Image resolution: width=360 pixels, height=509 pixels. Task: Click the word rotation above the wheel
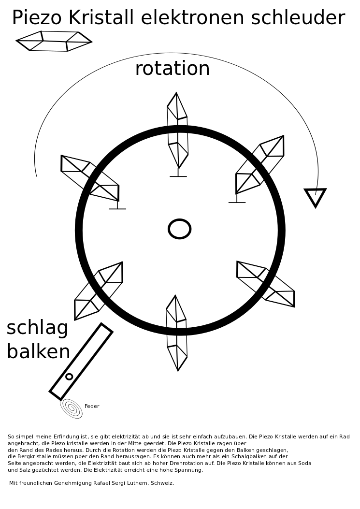(x=173, y=69)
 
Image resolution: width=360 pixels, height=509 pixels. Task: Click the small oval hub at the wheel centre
(x=179, y=229)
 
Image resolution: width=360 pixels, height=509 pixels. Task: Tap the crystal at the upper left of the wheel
(x=90, y=177)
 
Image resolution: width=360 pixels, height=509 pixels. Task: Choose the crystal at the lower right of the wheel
(x=266, y=284)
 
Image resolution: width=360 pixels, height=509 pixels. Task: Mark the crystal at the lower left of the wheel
(x=98, y=291)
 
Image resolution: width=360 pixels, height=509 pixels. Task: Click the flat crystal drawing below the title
(x=54, y=41)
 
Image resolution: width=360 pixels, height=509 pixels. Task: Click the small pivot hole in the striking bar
(x=69, y=377)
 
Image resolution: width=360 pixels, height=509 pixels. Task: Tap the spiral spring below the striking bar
(x=71, y=408)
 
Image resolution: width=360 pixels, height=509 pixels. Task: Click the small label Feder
(x=92, y=407)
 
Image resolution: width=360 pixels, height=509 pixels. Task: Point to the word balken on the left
(x=38, y=352)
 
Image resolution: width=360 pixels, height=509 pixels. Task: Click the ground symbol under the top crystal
(x=178, y=176)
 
